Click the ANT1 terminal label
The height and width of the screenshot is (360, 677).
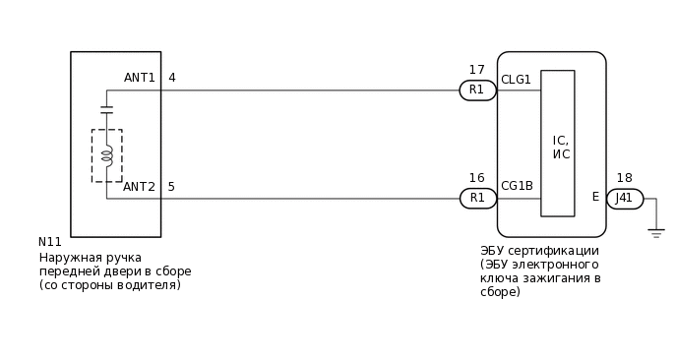[x=139, y=78]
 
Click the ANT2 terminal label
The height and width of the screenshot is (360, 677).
[x=139, y=187]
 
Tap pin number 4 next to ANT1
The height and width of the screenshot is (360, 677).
[x=172, y=78]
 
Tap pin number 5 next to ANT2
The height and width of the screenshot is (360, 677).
[x=172, y=187]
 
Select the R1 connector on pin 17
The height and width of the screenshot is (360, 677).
[x=477, y=90]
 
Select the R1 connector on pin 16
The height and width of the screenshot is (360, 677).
[x=477, y=198]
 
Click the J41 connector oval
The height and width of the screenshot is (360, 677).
[x=624, y=198]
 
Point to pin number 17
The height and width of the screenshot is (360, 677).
[x=477, y=70]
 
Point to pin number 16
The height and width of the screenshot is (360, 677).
[x=477, y=178]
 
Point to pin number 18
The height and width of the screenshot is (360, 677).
[x=624, y=178]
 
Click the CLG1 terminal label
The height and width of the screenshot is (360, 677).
[x=516, y=80]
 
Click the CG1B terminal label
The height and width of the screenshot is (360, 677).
[x=517, y=186]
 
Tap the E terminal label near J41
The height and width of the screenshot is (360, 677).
[x=595, y=197]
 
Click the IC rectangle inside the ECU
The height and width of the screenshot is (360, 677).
[x=558, y=143]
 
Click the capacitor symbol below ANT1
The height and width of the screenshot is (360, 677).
[x=106, y=108]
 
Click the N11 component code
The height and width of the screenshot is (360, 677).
[x=50, y=242]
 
